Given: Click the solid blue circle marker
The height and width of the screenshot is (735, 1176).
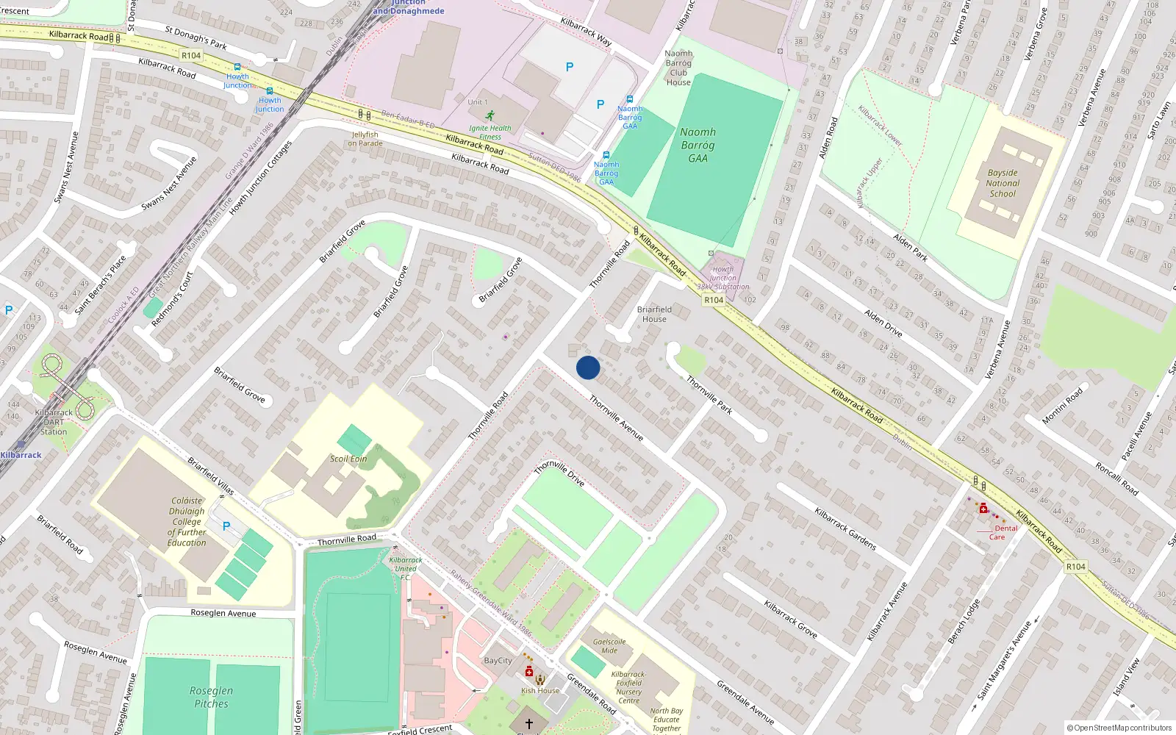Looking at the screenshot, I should tap(588, 367).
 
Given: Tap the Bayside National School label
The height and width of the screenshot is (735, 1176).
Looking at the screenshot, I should tap(1003, 184).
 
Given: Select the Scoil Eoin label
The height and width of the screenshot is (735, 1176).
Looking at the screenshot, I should tap(348, 459).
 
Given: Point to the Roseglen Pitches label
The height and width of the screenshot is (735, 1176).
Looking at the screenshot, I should tap(212, 697).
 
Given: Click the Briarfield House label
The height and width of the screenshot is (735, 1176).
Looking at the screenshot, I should tap(654, 315).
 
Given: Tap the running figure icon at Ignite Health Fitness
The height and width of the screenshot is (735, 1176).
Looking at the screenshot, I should tap(490, 115).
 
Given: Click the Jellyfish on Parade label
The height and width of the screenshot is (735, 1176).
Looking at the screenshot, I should tap(365, 139).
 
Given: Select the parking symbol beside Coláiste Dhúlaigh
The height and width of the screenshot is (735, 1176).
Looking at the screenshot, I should tap(226, 526).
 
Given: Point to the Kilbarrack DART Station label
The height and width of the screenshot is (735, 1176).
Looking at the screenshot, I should tap(54, 422).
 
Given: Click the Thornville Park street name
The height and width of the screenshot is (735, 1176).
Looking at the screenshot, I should tap(709, 395).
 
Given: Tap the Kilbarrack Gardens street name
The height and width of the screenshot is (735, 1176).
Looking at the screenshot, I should tap(845, 528).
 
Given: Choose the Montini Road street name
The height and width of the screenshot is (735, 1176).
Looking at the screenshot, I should tap(1062, 406).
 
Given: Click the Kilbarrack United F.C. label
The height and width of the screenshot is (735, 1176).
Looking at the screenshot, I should tap(406, 568).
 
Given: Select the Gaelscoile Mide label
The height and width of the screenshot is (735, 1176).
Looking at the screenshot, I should tap(609, 645).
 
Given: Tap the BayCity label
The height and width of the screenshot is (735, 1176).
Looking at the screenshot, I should tap(498, 660).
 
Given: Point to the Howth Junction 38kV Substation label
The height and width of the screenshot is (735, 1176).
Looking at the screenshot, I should tap(723, 278).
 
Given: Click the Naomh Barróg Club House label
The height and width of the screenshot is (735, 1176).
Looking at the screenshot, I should tap(678, 68).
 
